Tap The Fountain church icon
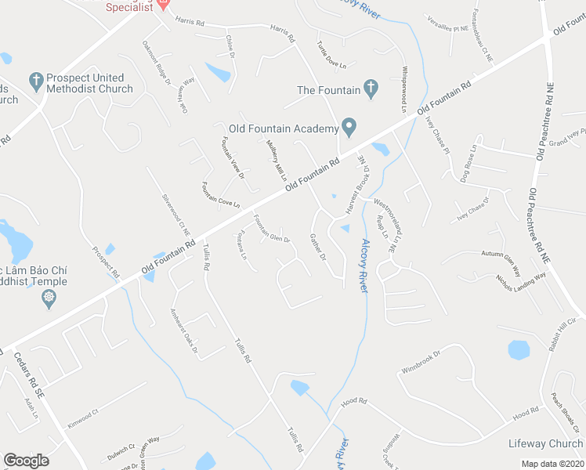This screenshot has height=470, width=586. [x=371, y=90]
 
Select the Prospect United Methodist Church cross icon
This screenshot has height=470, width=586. [x=34, y=79]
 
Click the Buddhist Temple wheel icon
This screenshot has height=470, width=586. [x=49, y=297]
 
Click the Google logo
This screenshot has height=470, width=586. [x=26, y=460]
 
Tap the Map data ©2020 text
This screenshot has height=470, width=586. [x=552, y=464]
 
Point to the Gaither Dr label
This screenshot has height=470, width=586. [x=317, y=246]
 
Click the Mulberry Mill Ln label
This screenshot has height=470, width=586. [x=273, y=158]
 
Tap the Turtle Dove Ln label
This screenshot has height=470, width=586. [x=331, y=52]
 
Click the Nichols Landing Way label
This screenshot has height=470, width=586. [x=521, y=282]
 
